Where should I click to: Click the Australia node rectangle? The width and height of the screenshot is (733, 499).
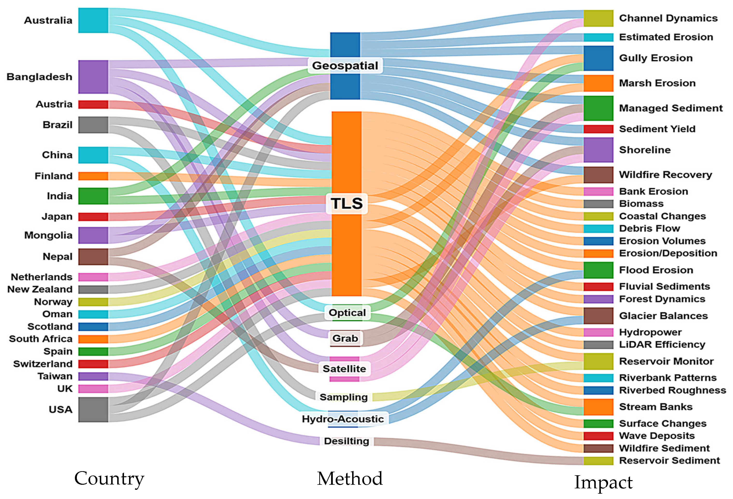click(93, 21)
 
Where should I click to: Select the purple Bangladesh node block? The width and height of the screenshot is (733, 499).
click(93, 77)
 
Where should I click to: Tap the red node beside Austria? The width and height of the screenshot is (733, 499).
click(93, 105)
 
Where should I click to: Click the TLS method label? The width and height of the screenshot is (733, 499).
click(346, 203)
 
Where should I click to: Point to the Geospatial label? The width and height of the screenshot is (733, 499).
click(345, 66)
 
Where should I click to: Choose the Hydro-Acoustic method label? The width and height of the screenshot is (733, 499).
click(343, 419)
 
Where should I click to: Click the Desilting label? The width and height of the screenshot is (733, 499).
click(346, 441)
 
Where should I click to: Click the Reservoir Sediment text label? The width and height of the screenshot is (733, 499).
click(669, 461)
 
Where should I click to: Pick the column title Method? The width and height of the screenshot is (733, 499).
click(350, 479)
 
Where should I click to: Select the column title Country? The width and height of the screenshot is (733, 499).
click(109, 479)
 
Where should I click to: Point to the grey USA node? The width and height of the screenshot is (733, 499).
click(93, 410)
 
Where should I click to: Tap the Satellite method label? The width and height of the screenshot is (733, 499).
click(344, 369)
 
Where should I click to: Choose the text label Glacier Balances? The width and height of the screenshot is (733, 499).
click(663, 316)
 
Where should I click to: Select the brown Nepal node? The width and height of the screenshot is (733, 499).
click(93, 257)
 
